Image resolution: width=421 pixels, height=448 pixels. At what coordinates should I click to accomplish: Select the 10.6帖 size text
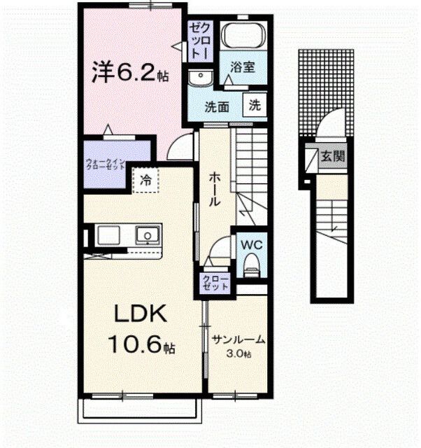pyautogui.click(x=141, y=344)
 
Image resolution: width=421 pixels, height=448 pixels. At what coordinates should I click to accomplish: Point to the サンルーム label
pyautogui.click(x=239, y=340)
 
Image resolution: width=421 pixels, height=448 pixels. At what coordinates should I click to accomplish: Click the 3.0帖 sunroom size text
pyautogui.click(x=239, y=354)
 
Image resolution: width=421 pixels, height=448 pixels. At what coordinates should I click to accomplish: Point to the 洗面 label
pyautogui.click(x=217, y=107)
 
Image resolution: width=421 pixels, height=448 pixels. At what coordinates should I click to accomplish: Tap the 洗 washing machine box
pyautogui.click(x=255, y=106)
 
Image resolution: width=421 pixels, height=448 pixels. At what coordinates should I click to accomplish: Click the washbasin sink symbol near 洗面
pyautogui.click(x=201, y=77)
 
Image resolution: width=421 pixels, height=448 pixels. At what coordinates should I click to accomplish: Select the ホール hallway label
pyautogui.click(x=215, y=188)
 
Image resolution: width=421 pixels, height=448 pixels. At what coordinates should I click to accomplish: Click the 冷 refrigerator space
pyautogui.click(x=145, y=180)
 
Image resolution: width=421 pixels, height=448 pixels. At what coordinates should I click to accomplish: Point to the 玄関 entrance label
pyautogui.click(x=332, y=157)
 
